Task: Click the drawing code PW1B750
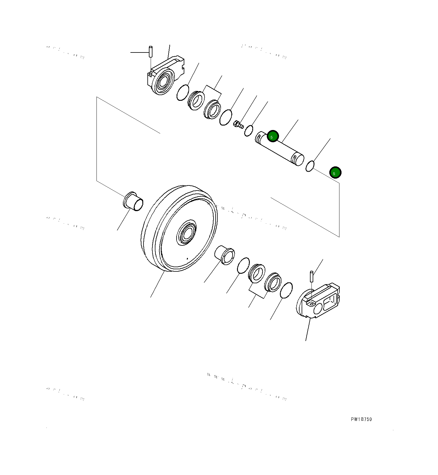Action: (361, 419)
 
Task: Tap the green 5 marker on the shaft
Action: (272, 136)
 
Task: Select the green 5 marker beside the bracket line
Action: (335, 172)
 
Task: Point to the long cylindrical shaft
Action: (280, 148)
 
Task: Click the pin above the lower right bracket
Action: (311, 276)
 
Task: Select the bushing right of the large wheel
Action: (225, 255)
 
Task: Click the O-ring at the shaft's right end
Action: (310, 166)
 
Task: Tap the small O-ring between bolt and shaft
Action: (249, 131)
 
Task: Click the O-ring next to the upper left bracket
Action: (183, 93)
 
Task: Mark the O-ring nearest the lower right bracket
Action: (286, 290)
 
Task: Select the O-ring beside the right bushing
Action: (243, 265)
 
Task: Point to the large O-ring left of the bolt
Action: (226, 117)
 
